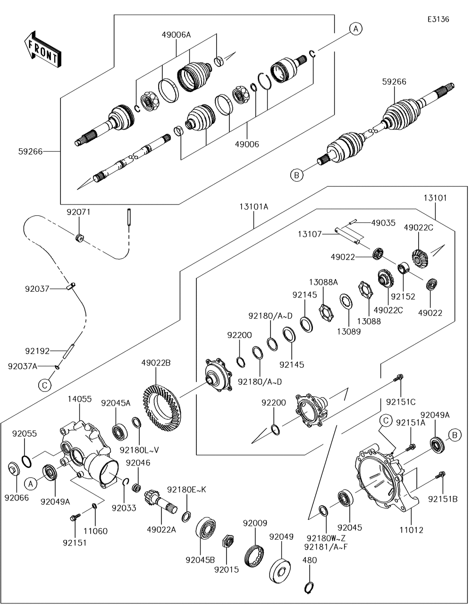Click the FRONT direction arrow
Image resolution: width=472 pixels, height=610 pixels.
[x=42, y=49]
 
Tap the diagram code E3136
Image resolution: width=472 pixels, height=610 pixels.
[x=438, y=19]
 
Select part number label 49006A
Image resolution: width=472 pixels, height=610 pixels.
[x=176, y=34]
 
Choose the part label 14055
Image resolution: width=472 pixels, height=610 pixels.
[x=79, y=399]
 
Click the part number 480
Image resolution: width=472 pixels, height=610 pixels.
[x=310, y=560]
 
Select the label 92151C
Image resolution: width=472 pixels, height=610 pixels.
[x=401, y=402]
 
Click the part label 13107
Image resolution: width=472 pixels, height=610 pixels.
[x=310, y=233]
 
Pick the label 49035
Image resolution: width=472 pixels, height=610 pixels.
[x=383, y=222]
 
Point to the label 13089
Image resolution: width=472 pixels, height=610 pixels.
[x=348, y=331]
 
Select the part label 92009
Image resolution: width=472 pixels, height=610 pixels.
[x=255, y=523]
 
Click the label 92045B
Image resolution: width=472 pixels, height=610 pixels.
[x=200, y=559]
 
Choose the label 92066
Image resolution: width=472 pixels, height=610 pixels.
[x=17, y=497]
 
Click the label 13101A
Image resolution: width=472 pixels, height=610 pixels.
[x=254, y=206]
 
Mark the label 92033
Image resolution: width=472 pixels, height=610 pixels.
[x=124, y=508]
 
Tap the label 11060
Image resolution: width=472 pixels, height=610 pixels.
[x=95, y=531]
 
